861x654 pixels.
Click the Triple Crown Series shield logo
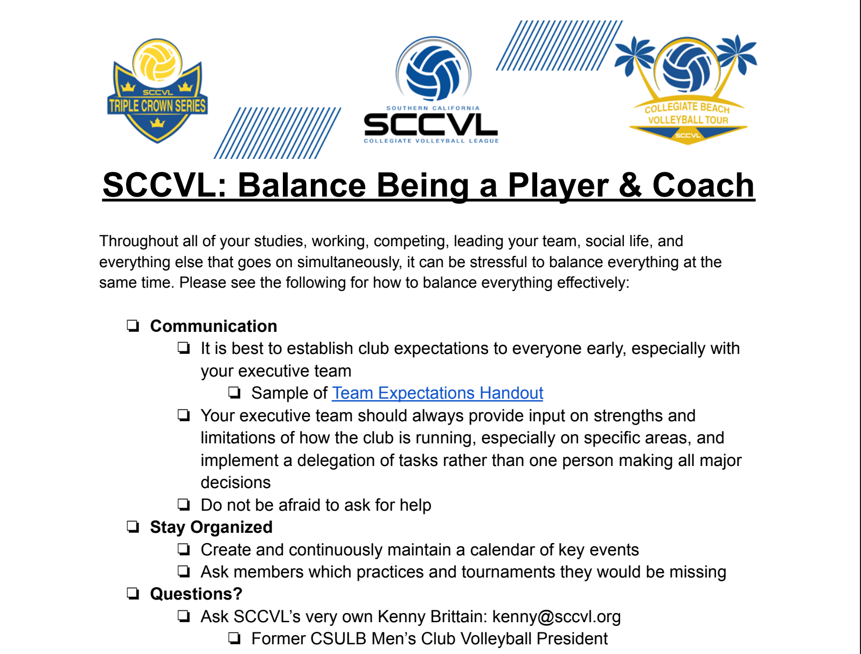[x=157, y=91]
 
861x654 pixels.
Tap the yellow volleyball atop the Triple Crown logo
[x=157, y=62]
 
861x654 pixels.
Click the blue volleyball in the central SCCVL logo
[x=433, y=73]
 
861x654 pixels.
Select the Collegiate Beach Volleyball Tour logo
[x=687, y=89]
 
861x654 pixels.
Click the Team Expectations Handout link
[x=438, y=393]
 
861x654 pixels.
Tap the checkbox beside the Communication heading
[x=133, y=326]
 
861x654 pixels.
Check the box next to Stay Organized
[x=133, y=527]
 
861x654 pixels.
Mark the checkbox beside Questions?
[x=133, y=594]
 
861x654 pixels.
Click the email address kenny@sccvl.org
[x=557, y=616]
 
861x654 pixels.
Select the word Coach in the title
[x=703, y=185]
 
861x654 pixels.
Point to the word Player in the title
[x=558, y=186]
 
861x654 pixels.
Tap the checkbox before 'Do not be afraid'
[x=184, y=505]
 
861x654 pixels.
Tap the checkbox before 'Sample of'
[x=234, y=393]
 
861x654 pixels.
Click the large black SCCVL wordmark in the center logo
[x=430, y=124]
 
